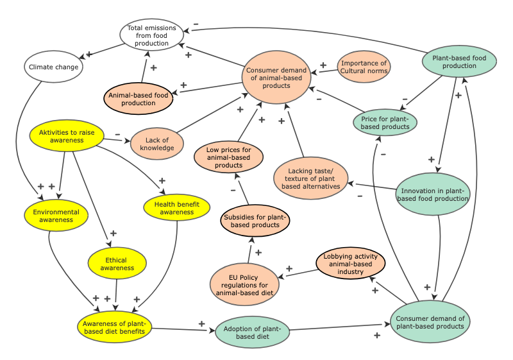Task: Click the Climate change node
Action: click(x=53, y=67)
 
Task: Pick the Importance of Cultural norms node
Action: click(x=364, y=67)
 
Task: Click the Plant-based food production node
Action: click(x=459, y=62)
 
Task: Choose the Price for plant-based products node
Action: click(x=385, y=122)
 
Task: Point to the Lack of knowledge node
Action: click(x=157, y=144)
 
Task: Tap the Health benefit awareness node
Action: click(x=177, y=208)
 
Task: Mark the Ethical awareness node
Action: click(x=113, y=264)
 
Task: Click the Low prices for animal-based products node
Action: click(x=229, y=157)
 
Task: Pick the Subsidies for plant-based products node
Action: click(x=255, y=221)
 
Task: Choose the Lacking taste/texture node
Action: click(x=312, y=177)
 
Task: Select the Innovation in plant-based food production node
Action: click(x=433, y=193)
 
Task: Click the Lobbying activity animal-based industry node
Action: click(x=351, y=264)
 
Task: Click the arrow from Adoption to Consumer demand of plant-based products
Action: click(x=340, y=327)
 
